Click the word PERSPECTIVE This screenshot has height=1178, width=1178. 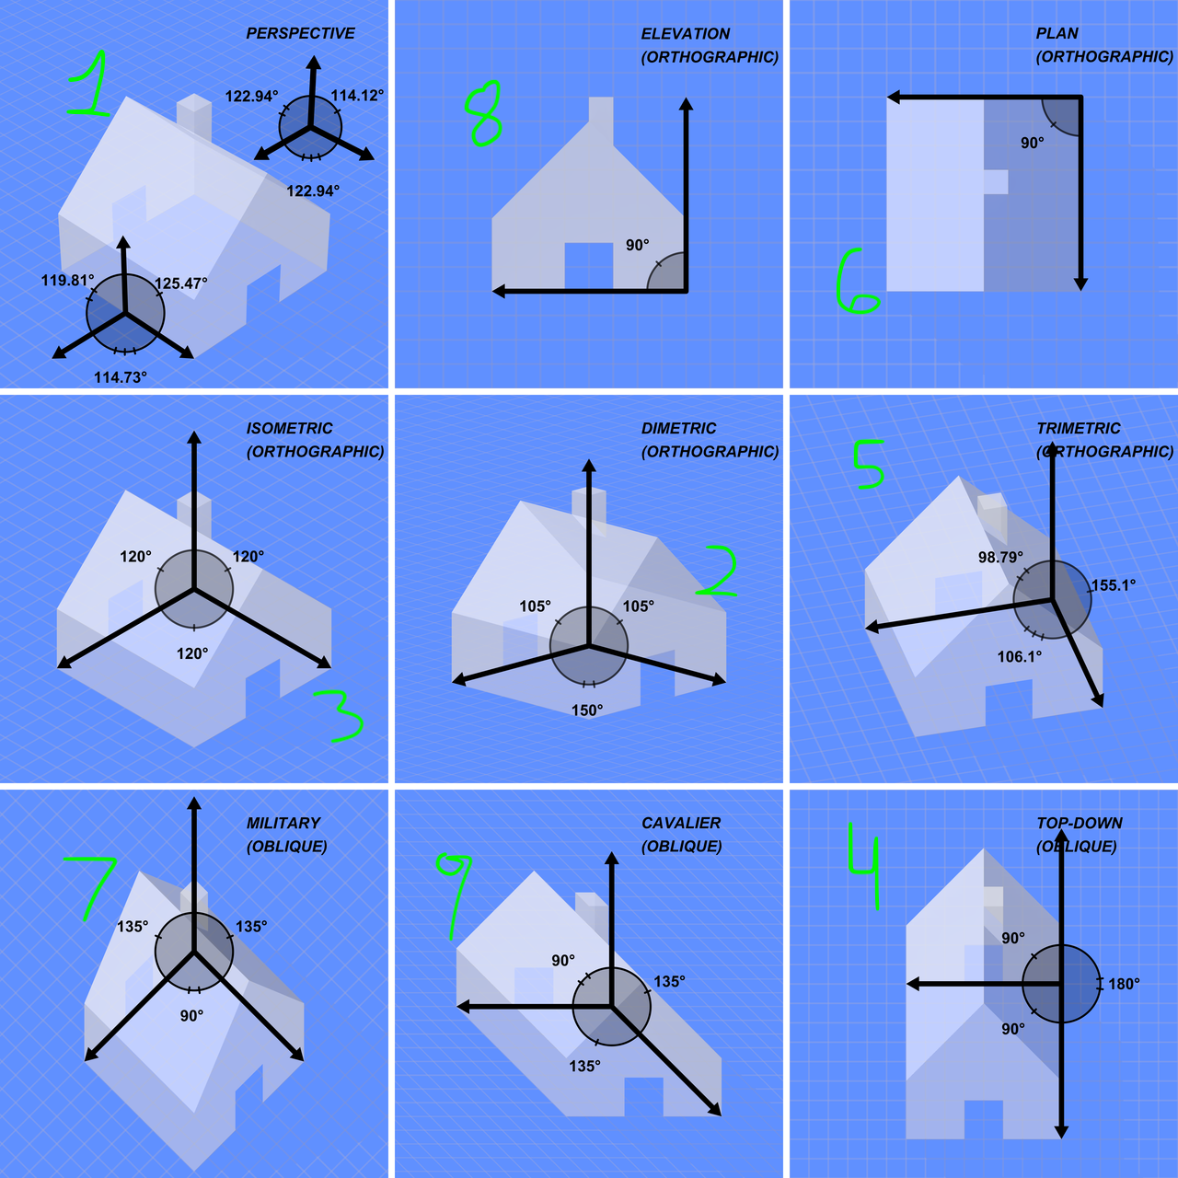pos(300,33)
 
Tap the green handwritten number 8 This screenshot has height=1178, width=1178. pos(483,114)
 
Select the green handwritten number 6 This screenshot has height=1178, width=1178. pos(857,282)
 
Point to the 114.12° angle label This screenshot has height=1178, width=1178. pos(358,96)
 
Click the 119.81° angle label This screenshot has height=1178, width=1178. pos(68,281)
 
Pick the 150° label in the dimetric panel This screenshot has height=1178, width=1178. pos(587,710)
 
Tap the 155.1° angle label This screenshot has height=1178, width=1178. pos(1114,585)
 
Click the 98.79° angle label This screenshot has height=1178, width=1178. pos(1000,557)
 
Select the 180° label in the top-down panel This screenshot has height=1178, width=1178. pos(1125,984)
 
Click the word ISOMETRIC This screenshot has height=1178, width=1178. pos(290,428)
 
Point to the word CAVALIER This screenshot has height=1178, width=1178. pos(681,823)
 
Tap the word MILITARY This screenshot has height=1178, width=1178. pos(283,823)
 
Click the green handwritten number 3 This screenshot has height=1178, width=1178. pos(340,716)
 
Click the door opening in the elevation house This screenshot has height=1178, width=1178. pos(589,266)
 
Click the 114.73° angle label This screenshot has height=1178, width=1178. pos(121,377)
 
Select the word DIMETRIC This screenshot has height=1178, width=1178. pos(678,428)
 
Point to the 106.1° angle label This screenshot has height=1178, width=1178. pos(1020,656)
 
